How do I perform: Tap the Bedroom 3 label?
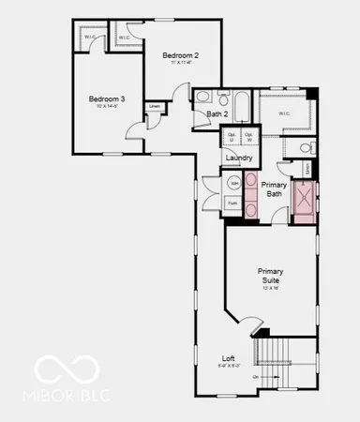(107, 100)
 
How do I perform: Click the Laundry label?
(239, 158)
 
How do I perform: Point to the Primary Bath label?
(273, 189)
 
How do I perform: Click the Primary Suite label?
(271, 276)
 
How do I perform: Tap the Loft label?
(228, 359)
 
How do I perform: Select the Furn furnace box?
(232, 203)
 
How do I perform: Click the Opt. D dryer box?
(232, 138)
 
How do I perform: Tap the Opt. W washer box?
(248, 138)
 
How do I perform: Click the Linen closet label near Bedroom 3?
(154, 106)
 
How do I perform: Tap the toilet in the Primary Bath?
(307, 147)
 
